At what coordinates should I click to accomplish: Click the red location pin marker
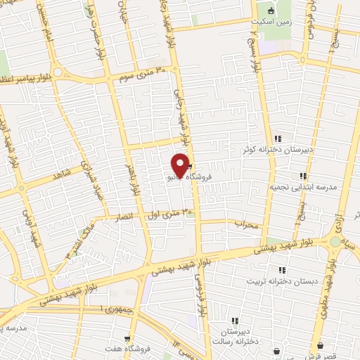click(x=181, y=166)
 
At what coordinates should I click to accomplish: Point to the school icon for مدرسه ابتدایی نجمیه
click(x=303, y=176)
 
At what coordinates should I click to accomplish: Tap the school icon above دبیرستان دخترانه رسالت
click(x=234, y=321)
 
